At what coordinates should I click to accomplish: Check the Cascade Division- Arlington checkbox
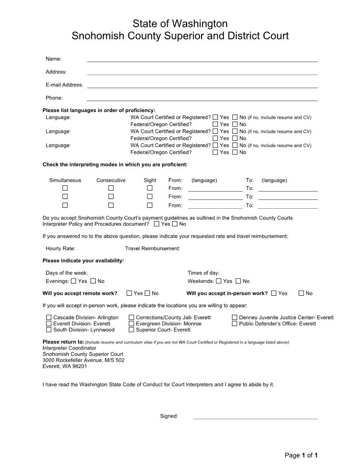tap(49, 317)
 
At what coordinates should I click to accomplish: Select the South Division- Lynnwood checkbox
tap(49, 330)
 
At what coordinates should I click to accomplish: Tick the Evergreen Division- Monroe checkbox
tap(131, 323)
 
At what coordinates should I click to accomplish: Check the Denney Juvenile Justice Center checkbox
tap(235, 317)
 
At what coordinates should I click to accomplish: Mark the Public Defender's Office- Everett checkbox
tap(235, 323)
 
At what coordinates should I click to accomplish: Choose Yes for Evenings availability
tap(74, 281)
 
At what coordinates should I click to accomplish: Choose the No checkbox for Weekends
tap(238, 281)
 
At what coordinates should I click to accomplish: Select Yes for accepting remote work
tap(129, 293)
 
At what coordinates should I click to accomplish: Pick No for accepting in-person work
tap(301, 293)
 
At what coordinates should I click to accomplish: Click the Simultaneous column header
tap(65, 180)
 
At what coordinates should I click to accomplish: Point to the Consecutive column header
tap(111, 180)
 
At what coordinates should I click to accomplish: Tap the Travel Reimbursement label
tap(153, 248)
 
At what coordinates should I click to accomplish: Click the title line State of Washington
tap(180, 23)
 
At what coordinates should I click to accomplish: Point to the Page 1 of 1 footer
tap(301, 455)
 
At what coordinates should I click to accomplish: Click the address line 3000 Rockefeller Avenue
tap(83, 360)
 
